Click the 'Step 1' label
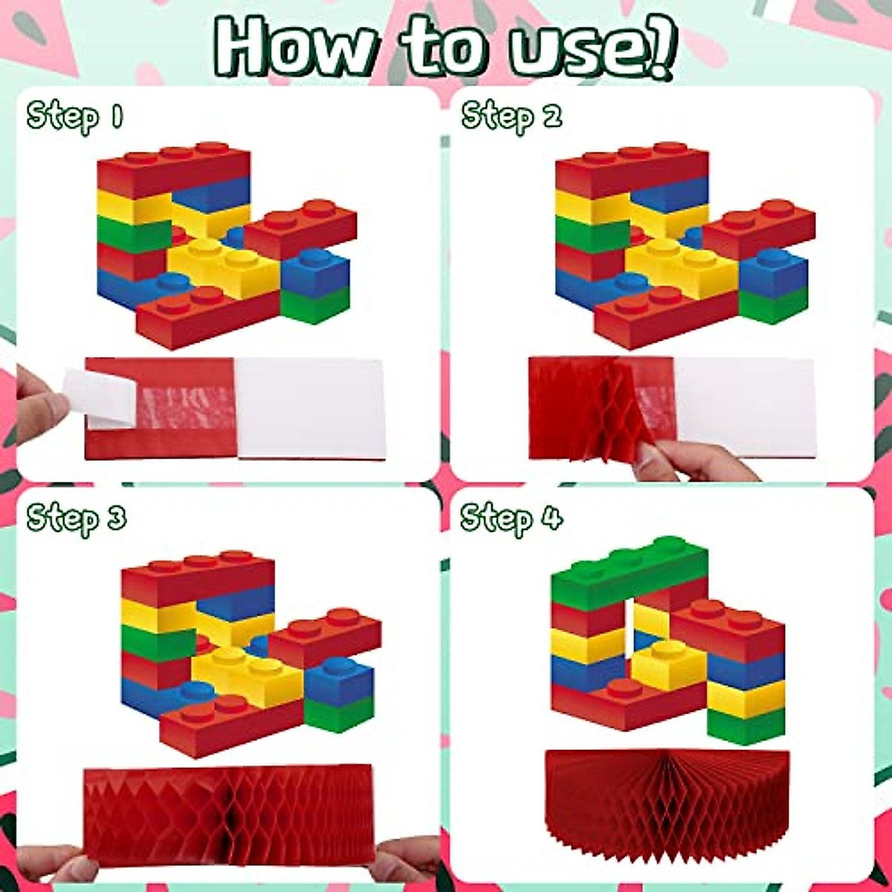point(74,117)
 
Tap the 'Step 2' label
point(511,117)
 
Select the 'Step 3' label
point(76,518)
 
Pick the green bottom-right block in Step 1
point(315,305)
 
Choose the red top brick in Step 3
point(197,580)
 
